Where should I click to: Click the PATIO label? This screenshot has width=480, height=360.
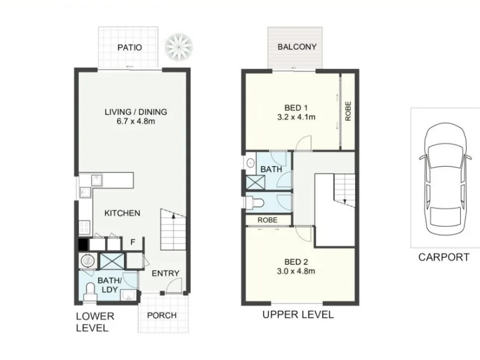point(130,47)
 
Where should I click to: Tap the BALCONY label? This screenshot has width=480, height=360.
point(297,47)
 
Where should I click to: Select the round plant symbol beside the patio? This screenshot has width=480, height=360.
point(179,47)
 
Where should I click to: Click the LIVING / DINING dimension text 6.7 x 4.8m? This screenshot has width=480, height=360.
point(136,121)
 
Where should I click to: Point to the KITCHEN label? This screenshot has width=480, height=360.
point(122,213)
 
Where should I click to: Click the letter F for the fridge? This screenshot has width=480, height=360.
point(133,242)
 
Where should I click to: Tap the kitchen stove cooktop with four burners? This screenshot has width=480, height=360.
point(85,227)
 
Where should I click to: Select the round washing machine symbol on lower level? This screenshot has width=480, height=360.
point(88,261)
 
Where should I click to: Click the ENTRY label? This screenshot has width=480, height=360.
point(166,273)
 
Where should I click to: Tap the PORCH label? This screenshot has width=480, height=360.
point(162,316)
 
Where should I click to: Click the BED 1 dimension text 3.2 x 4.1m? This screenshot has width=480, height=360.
point(296,117)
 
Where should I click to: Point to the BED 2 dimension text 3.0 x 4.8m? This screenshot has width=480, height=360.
point(296,271)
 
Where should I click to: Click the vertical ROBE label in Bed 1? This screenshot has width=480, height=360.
point(348,111)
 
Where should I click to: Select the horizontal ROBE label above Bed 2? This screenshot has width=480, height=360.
point(268,220)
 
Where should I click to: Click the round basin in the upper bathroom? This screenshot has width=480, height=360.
point(251,163)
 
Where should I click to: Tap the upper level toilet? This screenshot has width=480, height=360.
point(256,203)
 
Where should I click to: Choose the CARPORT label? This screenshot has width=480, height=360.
point(444,257)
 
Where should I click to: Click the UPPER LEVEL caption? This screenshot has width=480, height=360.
point(298,314)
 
